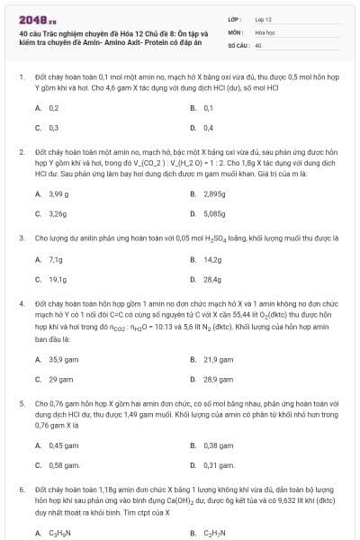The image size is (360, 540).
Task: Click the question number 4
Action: coord(21,303)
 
